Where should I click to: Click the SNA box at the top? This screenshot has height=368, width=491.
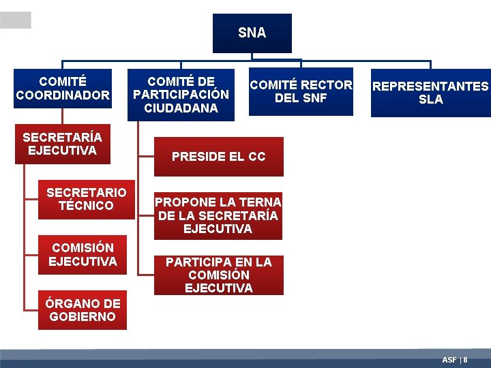[x=252, y=33]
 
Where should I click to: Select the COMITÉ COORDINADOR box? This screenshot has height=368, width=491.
[x=63, y=89]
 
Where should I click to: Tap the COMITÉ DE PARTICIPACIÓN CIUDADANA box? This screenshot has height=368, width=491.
[x=181, y=95]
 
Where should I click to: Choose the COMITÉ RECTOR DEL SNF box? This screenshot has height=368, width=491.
[x=301, y=91]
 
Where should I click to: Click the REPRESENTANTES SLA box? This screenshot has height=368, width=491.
[x=430, y=93]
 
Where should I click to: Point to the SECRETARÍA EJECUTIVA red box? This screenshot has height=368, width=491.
[x=63, y=144]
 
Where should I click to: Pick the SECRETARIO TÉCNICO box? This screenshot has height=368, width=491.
[x=86, y=199]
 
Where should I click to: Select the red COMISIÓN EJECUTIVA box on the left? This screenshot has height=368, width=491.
[x=83, y=254]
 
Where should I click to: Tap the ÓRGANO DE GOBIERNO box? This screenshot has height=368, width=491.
[x=83, y=310]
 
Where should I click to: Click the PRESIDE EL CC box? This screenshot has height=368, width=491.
[x=218, y=157]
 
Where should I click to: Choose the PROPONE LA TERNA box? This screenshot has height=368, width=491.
[x=218, y=215]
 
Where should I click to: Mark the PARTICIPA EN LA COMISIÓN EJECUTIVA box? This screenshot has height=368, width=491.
[x=218, y=275]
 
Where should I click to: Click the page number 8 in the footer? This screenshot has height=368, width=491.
[x=466, y=360]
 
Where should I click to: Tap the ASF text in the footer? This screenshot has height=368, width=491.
[x=449, y=360]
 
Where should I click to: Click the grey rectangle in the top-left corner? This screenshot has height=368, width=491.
[x=15, y=20]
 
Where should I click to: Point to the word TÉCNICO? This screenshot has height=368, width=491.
[x=86, y=206]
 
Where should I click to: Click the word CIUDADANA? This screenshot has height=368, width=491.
[x=181, y=108]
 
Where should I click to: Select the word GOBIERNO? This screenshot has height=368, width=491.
[x=83, y=317]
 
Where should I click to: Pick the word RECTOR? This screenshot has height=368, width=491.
[x=327, y=85]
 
